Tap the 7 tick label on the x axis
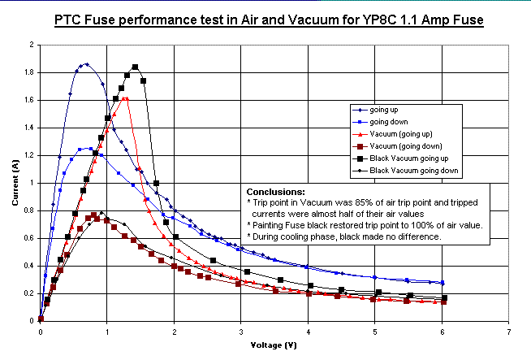click(508, 333)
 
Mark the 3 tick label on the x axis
click(241, 333)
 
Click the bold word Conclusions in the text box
click(276, 192)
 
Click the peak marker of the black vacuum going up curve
click(135, 67)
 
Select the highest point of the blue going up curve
click(86, 64)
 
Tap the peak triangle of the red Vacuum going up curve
click(125, 98)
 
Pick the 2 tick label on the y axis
click(31, 46)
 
